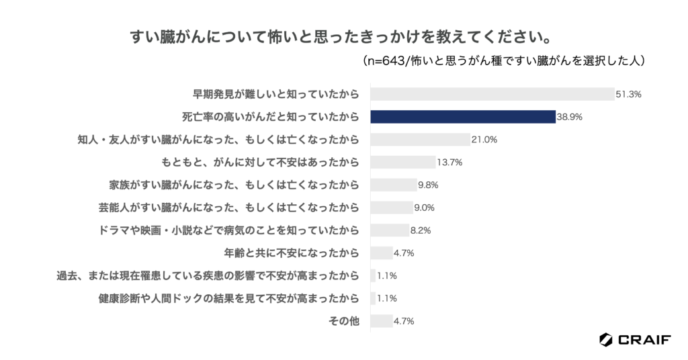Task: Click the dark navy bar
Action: click(462, 117)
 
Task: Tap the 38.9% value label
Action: click(569, 117)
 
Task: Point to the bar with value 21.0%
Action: click(420, 140)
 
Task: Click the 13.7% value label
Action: click(450, 163)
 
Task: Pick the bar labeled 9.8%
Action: click(394, 185)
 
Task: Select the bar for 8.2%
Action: click(390, 230)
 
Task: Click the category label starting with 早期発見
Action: click(276, 94)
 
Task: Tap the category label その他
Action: click(344, 321)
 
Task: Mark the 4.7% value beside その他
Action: click(404, 321)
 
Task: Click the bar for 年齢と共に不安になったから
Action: click(381, 253)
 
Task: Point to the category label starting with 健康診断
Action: click(228, 298)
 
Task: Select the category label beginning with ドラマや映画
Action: click(228, 230)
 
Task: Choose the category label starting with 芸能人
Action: click(228, 208)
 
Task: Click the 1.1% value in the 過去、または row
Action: click(387, 276)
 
